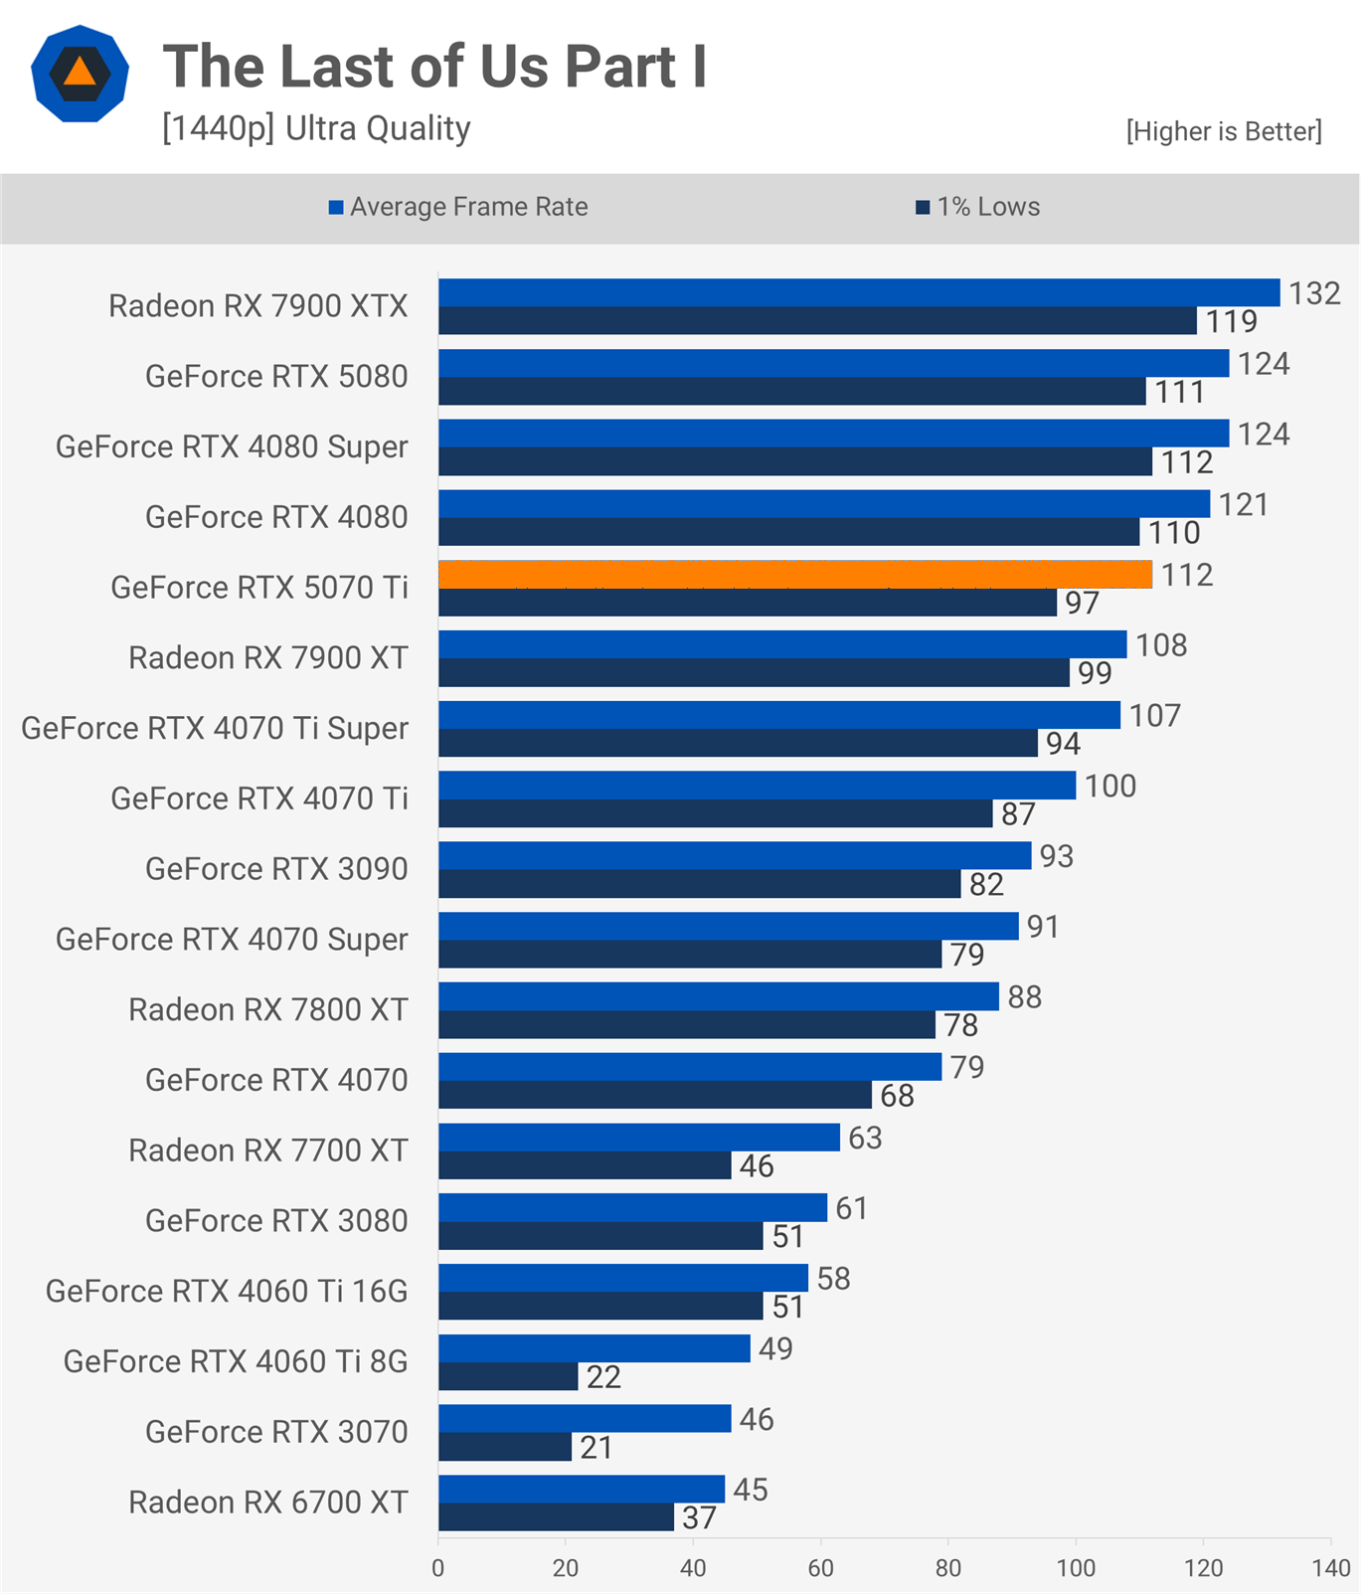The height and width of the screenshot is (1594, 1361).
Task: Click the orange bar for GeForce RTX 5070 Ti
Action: [x=795, y=574]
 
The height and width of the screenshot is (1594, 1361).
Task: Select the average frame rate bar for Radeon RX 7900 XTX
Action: [x=859, y=292]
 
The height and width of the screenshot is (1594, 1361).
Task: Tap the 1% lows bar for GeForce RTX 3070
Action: [x=505, y=1447]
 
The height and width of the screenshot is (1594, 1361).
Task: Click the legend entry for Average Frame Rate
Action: [x=458, y=207]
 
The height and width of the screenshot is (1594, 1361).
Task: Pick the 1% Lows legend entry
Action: [x=978, y=207]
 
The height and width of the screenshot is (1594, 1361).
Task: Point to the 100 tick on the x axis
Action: [x=1076, y=1568]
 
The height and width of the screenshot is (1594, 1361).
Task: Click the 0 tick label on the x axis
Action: [x=438, y=1568]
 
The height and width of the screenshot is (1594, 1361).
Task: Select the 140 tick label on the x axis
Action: [x=1331, y=1568]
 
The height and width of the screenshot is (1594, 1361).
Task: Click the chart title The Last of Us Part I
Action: [x=434, y=67]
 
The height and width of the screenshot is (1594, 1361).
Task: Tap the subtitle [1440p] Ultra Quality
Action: [x=316, y=128]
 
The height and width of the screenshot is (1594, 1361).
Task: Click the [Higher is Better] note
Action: [x=1224, y=131]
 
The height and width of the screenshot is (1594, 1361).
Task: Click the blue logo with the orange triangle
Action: [x=80, y=74]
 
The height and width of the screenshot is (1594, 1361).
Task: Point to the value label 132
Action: [x=1314, y=293]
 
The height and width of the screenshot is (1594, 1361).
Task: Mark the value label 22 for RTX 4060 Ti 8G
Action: [x=603, y=1377]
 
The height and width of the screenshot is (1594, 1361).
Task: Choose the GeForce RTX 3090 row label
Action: [x=276, y=869]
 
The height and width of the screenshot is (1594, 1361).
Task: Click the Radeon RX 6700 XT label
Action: [x=268, y=1502]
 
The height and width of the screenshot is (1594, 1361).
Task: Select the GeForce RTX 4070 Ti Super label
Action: [x=215, y=728]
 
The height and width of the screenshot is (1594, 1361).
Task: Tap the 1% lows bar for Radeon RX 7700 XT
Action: [x=585, y=1165]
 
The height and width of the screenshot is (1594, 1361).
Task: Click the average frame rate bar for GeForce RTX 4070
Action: [x=690, y=1067]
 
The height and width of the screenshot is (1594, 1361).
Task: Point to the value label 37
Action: [x=699, y=1517]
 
